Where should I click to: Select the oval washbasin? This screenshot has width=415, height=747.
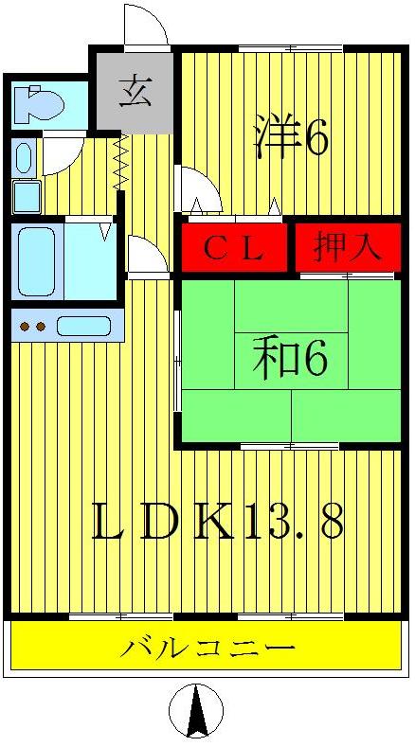click(x=24, y=156)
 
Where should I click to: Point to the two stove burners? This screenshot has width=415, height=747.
click(x=33, y=328)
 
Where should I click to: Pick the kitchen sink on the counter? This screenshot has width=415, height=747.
click(x=83, y=327)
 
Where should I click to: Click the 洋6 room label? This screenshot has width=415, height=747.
click(x=291, y=139)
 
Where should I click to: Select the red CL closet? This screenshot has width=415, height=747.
click(x=234, y=248)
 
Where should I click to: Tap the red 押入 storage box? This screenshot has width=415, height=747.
click(x=347, y=247)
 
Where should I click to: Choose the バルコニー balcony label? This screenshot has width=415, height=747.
click(x=207, y=649)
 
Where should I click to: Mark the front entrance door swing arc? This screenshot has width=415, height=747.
click(x=146, y=25)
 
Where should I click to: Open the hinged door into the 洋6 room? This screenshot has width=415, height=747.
click(x=200, y=189)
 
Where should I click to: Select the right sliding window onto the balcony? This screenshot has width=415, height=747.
click(x=289, y=617)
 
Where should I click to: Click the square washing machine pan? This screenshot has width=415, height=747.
click(x=26, y=197)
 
